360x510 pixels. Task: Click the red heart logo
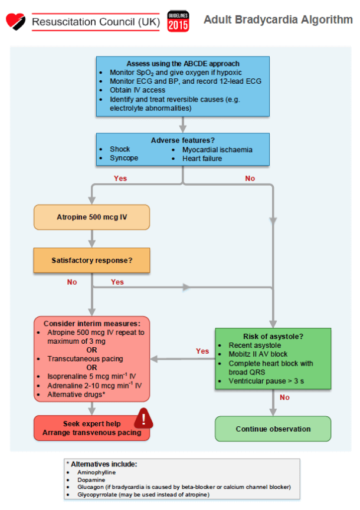[16, 21]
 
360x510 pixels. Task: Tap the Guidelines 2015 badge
[178, 21]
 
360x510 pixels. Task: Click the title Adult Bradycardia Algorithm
[278, 19]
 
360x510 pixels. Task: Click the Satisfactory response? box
[91, 259]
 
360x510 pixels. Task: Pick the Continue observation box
[273, 429]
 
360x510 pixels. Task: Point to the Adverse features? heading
[182, 140]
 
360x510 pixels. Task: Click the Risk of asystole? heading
[272, 335]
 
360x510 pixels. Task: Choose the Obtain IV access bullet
[138, 90]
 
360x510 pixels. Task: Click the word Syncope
[124, 158]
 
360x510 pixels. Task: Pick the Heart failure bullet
[202, 158]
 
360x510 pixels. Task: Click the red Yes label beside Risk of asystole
[202, 351]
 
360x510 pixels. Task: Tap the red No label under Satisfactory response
[72, 282]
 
